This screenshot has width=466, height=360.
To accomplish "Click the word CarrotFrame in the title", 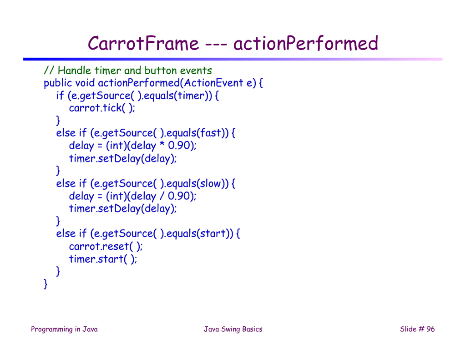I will pyautogui.click(x=143, y=44).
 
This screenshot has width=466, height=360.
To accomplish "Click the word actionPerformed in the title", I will pyautogui.click(x=305, y=44).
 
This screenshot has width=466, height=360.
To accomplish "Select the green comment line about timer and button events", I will pyautogui.click(x=127, y=71).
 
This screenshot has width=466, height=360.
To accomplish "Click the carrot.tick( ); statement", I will pyautogui.click(x=102, y=108).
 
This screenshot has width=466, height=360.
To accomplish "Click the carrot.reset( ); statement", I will pyautogui.click(x=106, y=246).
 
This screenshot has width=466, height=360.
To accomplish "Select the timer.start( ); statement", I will pyautogui.click(x=103, y=259).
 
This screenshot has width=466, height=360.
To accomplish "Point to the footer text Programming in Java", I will pyautogui.click(x=64, y=330).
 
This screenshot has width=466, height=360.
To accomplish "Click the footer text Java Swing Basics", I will pyautogui.click(x=233, y=330).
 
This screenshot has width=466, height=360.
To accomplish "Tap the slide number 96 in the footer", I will pyautogui.click(x=430, y=330).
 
